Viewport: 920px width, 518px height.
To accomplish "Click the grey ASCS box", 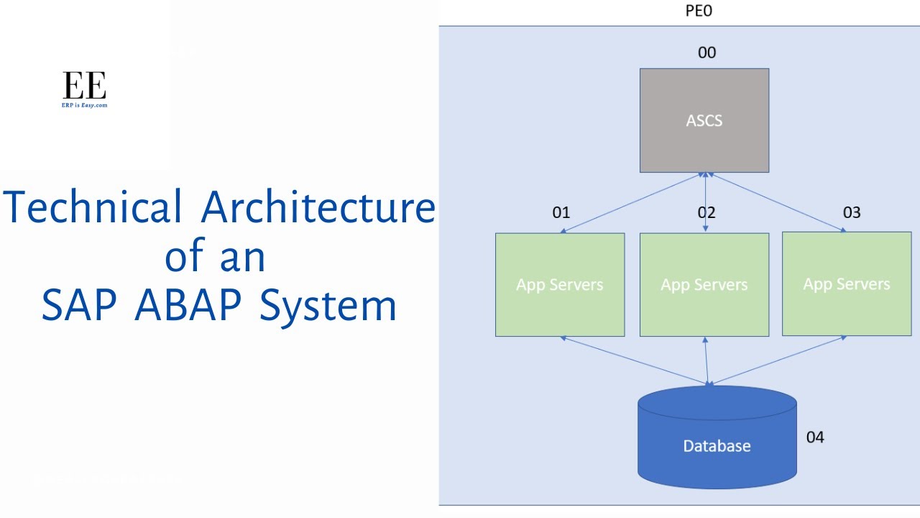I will tap(704, 120).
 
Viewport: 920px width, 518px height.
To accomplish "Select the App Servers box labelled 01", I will tap(559, 284).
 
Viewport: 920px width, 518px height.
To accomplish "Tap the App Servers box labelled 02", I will tap(704, 284).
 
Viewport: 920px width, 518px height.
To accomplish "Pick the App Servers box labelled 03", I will tap(846, 283).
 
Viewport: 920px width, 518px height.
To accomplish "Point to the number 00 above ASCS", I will tap(707, 53).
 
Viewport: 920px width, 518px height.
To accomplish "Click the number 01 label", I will tap(561, 212).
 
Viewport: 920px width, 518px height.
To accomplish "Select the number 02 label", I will tap(707, 212).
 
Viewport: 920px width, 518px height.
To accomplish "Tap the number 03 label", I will tap(851, 212).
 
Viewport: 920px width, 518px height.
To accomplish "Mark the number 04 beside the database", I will tap(814, 437).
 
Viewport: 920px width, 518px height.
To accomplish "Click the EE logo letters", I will tap(84, 86).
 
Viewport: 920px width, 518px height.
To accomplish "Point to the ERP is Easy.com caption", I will tap(84, 105).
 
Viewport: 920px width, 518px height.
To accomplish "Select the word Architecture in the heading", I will tap(318, 207).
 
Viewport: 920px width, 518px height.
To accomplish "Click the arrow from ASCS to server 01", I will tap(632, 203).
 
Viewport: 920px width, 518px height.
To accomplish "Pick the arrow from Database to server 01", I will tap(635, 361).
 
